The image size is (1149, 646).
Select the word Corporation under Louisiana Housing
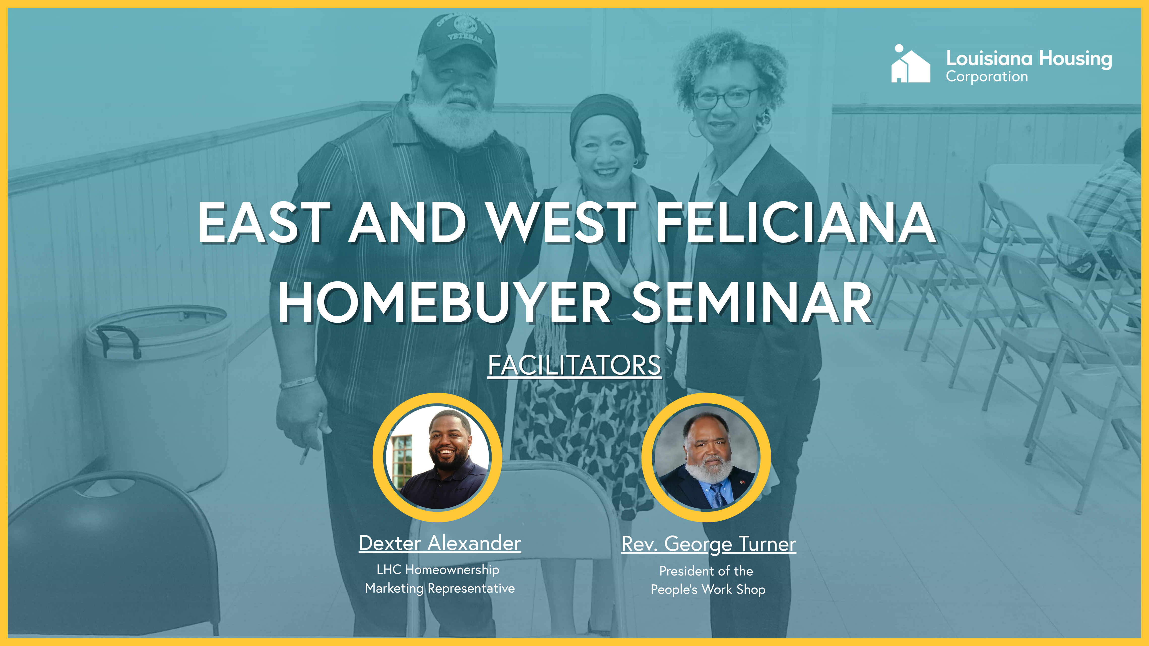pyautogui.click(x=987, y=77)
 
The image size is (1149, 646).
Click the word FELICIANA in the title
pyautogui.click(x=796, y=222)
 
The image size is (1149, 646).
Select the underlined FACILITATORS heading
pyautogui.click(x=574, y=366)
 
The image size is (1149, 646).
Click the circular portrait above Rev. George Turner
pyautogui.click(x=707, y=457)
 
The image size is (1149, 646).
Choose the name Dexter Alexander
pyautogui.click(x=440, y=543)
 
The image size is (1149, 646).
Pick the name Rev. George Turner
pyautogui.click(x=709, y=544)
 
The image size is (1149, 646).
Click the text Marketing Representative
pyautogui.click(x=440, y=589)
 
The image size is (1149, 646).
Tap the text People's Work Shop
pyautogui.click(x=708, y=589)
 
